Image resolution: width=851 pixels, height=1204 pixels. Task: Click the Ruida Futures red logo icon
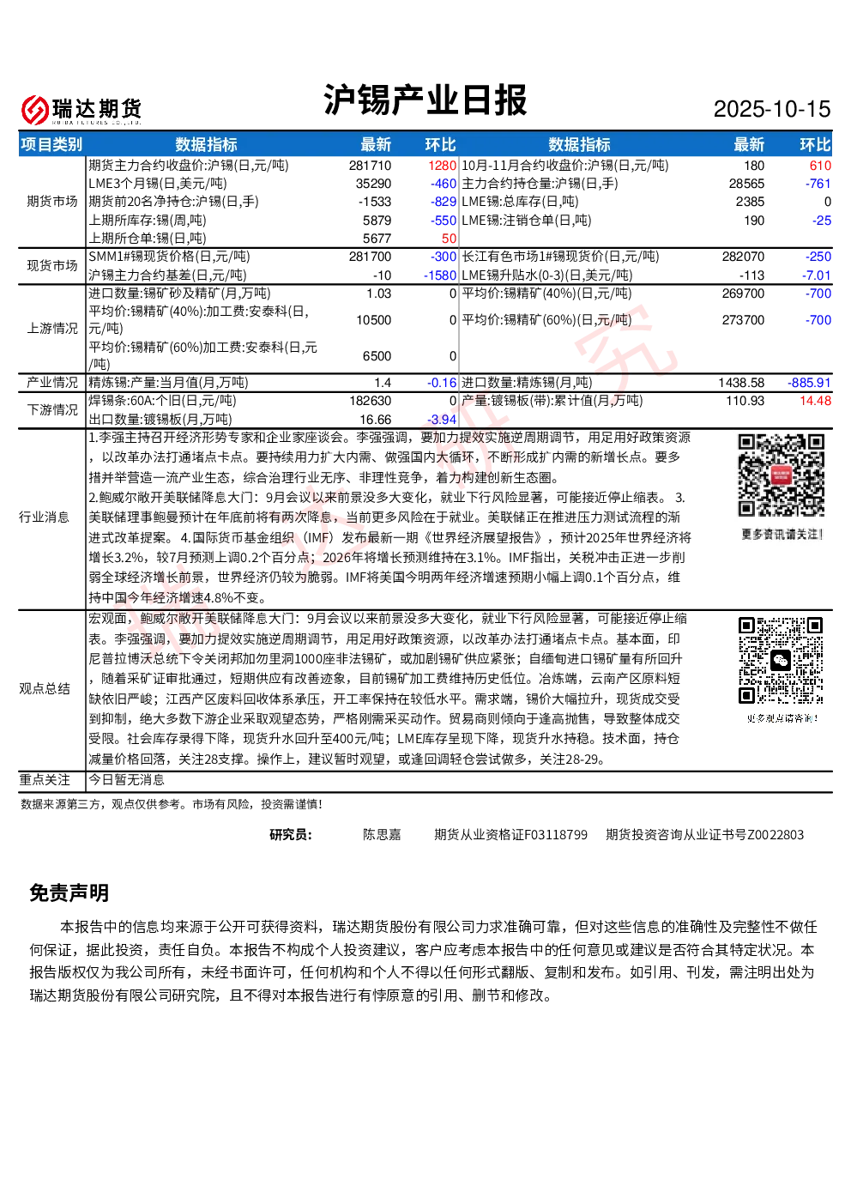[35, 110]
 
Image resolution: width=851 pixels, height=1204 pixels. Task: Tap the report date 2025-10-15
[771, 109]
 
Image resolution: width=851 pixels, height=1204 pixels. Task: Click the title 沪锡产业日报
[425, 100]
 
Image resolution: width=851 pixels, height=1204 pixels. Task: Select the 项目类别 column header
[51, 144]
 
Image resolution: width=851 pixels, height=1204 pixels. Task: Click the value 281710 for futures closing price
[370, 166]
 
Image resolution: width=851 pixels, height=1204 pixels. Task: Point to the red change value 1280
[442, 166]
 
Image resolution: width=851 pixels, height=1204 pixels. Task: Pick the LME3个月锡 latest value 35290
[373, 184]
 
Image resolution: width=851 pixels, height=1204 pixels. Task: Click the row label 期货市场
[52, 202]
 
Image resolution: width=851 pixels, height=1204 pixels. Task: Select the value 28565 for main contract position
[746, 184]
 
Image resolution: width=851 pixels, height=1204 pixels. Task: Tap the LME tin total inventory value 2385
[750, 202]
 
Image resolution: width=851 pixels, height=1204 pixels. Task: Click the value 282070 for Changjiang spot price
[743, 257]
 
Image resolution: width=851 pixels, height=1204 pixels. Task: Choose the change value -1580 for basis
[439, 275]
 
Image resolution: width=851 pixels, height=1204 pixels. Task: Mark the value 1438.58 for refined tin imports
[741, 383]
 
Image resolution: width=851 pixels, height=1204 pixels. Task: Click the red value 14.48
[815, 401]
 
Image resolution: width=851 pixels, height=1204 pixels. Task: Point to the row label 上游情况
[52, 329]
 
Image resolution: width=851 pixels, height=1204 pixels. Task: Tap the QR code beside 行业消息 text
[782, 475]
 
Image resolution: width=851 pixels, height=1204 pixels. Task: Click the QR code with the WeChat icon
[782, 661]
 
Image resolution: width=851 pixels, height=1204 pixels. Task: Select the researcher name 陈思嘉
[382, 835]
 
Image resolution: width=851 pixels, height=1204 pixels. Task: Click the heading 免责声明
[69, 892]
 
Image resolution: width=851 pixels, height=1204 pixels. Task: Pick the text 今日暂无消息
[126, 780]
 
